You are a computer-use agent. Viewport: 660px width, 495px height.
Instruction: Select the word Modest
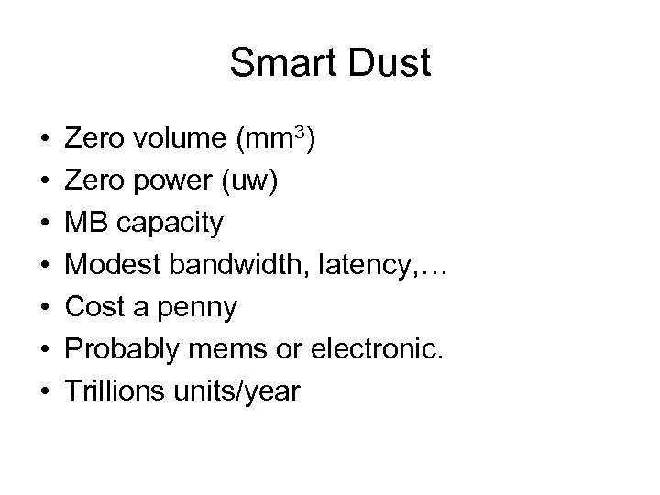(x=110, y=266)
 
